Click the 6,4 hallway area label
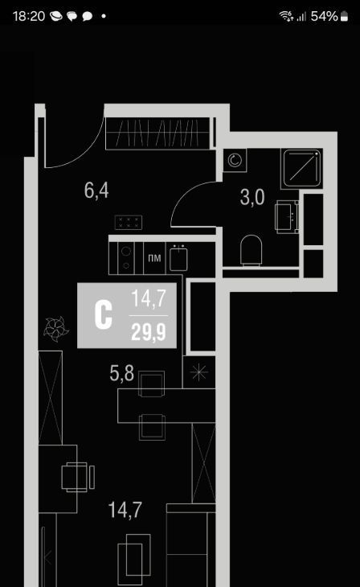click(96, 191)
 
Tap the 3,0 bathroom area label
click(252, 197)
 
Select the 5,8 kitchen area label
click(121, 373)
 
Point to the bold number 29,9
click(149, 332)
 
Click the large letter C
click(104, 315)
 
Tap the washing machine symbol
click(235, 161)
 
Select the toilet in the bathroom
click(251, 250)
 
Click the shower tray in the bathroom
click(301, 169)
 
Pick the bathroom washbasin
click(287, 216)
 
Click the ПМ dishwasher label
click(154, 258)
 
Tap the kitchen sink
click(178, 257)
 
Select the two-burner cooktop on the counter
click(125, 258)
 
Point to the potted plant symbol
click(55, 329)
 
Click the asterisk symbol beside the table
click(198, 371)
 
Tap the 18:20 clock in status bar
click(29, 16)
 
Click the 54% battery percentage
click(324, 16)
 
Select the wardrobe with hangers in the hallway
click(157, 133)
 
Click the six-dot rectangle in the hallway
click(129, 223)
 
